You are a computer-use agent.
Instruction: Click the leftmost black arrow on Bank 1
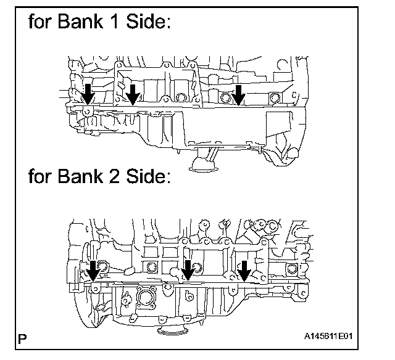pos(88,94)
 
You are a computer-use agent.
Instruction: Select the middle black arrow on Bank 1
pos(132,94)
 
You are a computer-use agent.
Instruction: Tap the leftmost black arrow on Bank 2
pos(93,269)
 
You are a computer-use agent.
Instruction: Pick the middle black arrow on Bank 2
pos(188,269)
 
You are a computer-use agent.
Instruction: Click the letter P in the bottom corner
pos(23,338)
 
